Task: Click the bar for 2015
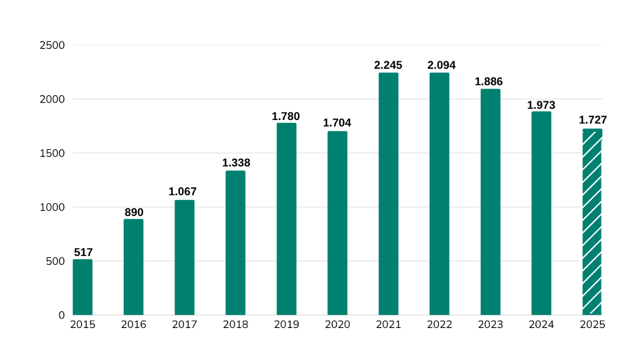pos(82,287)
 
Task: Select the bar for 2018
pos(235,243)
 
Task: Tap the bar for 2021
pos(388,194)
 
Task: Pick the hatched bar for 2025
pos(592,222)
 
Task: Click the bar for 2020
pos(337,223)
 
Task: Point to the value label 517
pos(83,252)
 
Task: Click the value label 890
pos(133,212)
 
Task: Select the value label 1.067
pos(182,191)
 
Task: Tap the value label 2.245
pos(388,65)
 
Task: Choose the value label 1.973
pos(541,105)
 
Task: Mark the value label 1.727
pos(592,120)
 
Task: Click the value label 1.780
pos(285,116)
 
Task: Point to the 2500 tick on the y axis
pos(52,45)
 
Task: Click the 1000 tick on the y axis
pos(52,207)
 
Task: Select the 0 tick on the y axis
pos(61,315)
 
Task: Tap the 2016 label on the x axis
pos(133,325)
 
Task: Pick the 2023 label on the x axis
pos(490,325)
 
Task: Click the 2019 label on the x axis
pos(286,325)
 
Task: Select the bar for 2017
pos(184,257)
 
